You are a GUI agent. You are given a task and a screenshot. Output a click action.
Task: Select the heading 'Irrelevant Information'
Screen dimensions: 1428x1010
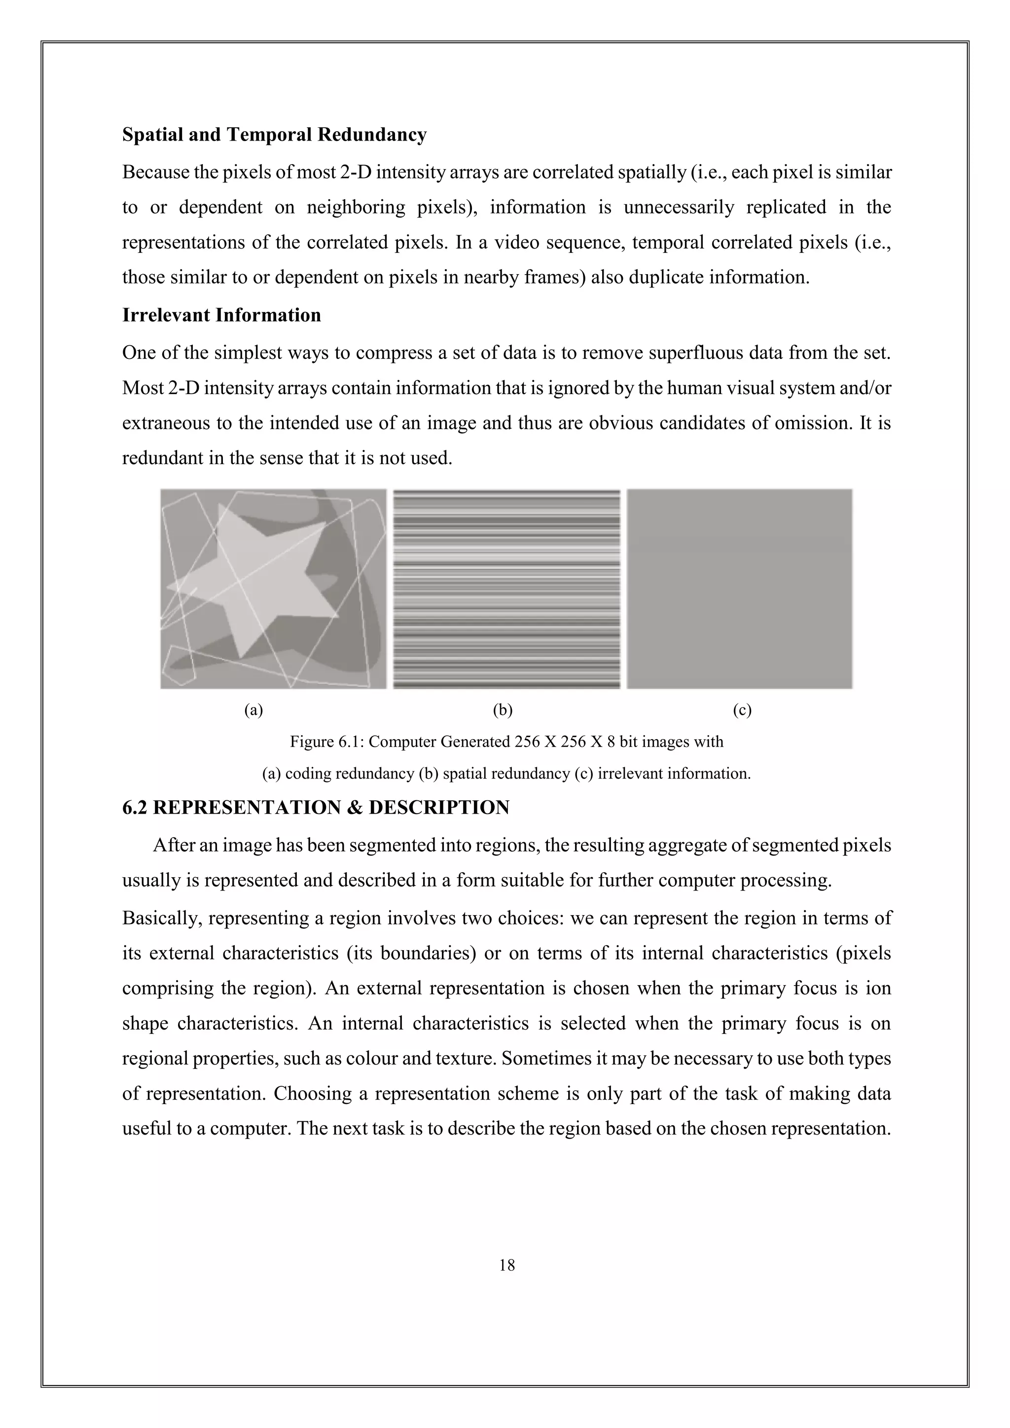[x=221, y=315]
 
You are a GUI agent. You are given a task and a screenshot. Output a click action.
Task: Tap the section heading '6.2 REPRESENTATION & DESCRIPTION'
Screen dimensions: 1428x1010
[x=316, y=807]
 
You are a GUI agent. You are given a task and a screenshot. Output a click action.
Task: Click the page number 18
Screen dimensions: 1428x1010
[x=507, y=1265]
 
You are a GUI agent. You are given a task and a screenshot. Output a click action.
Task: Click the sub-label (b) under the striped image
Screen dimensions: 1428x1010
[x=503, y=710]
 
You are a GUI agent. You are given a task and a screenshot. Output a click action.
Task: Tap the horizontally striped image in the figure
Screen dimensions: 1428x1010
[x=507, y=588]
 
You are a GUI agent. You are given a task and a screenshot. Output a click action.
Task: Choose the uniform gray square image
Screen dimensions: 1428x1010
[x=739, y=588]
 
